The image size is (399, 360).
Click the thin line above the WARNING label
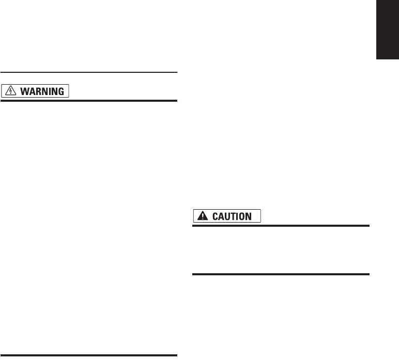point(89,72)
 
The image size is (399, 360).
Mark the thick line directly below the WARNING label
point(89,101)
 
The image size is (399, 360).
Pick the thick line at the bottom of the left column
point(89,355)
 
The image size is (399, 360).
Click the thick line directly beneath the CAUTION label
point(282,226)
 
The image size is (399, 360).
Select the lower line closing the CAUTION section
point(282,274)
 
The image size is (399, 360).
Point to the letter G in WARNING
point(60,91)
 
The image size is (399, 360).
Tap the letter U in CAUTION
point(227,216)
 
